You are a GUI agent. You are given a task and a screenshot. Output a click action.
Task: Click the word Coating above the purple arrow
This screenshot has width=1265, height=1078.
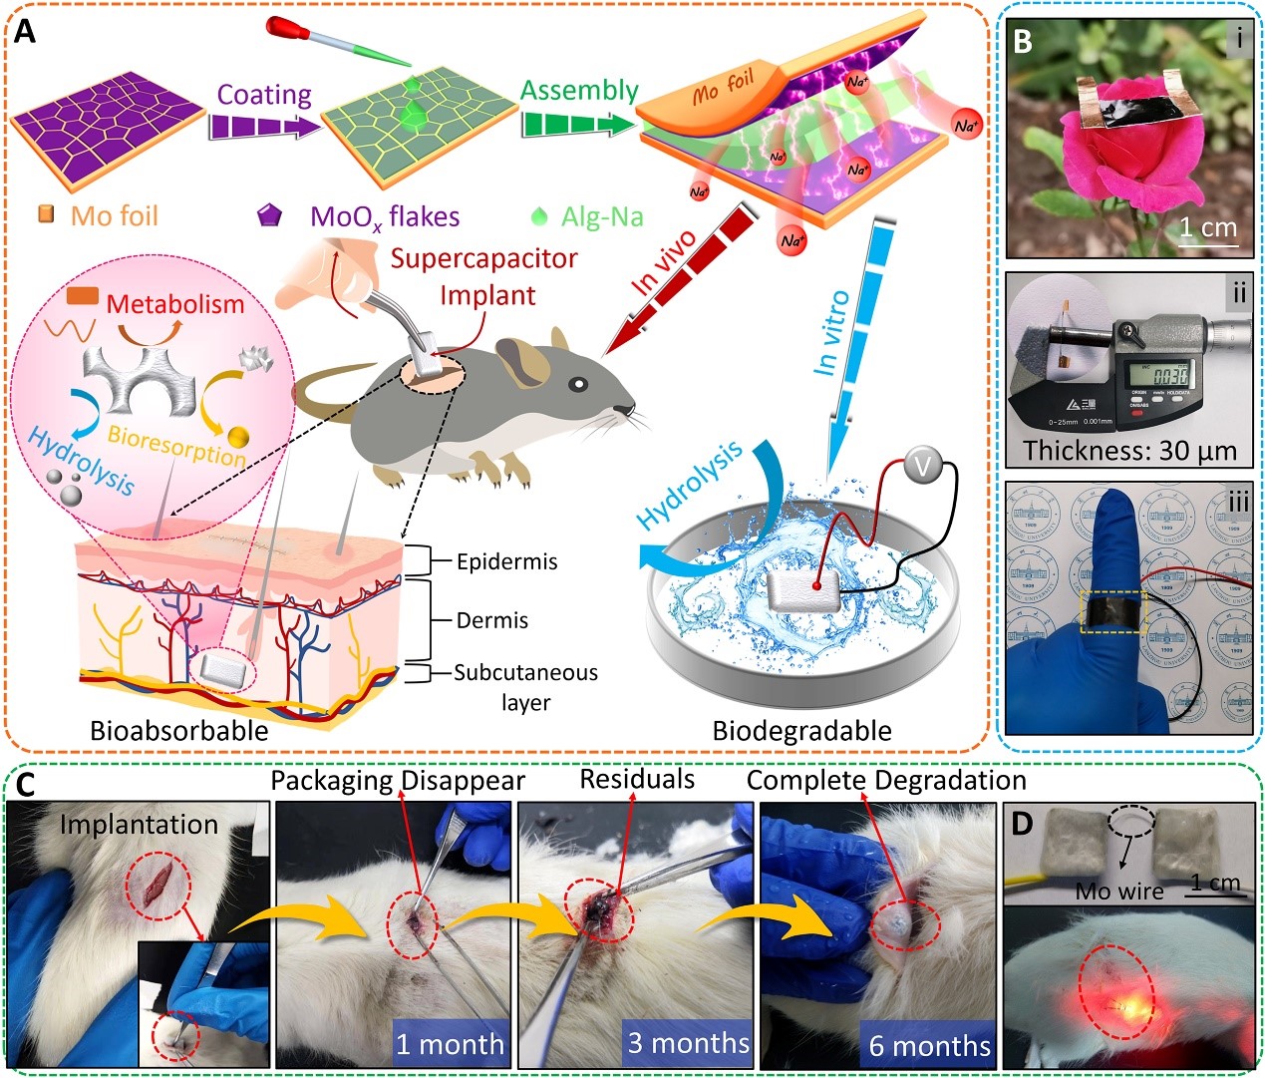(264, 95)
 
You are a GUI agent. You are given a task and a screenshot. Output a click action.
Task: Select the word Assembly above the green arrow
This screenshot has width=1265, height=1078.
(578, 90)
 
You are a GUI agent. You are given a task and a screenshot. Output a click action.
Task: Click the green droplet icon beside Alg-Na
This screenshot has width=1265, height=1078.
(539, 215)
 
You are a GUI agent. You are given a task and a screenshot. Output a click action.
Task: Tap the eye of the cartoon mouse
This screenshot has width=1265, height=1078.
(577, 384)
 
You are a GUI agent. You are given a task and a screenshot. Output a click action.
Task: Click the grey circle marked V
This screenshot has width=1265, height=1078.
(924, 465)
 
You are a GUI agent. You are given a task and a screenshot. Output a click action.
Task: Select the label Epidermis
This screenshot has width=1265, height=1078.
(506, 561)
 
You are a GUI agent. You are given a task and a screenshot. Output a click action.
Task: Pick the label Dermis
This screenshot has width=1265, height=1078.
(492, 620)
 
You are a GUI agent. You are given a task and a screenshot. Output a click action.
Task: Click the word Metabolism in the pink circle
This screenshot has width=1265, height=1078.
(174, 304)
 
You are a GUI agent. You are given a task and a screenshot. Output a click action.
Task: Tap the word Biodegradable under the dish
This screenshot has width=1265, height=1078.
(801, 731)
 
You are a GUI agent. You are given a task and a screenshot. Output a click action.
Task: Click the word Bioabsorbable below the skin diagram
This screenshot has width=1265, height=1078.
(179, 731)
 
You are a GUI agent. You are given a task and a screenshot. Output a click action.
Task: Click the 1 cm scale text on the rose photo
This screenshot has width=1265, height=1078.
(1208, 227)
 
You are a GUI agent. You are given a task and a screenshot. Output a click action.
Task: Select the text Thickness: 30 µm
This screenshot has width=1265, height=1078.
(1129, 451)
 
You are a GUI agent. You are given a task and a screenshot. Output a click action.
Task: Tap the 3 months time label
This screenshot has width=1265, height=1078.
(688, 1043)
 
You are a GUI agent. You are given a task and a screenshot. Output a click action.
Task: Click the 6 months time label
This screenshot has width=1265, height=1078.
(929, 1045)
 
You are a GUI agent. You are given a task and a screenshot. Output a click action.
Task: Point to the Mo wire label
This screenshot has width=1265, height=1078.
(1118, 891)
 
